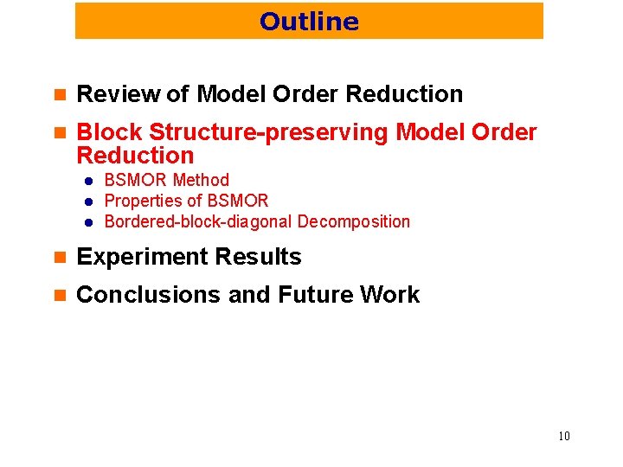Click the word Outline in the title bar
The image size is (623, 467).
(x=309, y=21)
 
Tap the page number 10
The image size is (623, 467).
(x=563, y=436)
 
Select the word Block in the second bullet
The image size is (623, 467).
(x=109, y=132)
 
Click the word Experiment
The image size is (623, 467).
(x=138, y=257)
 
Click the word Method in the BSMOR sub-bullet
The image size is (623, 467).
(x=201, y=181)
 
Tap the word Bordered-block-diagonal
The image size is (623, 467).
(x=198, y=221)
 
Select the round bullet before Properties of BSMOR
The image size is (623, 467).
(x=88, y=202)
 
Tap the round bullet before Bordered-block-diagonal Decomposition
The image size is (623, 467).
(x=88, y=222)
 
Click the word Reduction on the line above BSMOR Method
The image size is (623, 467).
(x=135, y=156)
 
